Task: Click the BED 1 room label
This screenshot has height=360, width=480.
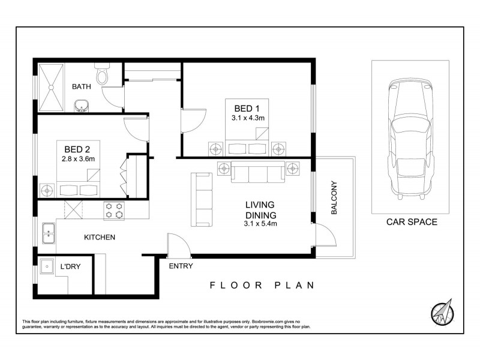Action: point(247,108)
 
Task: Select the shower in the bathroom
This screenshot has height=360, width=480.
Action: point(52,88)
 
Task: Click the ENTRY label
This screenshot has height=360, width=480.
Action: point(181,266)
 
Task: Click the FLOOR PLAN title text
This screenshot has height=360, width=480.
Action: point(262,286)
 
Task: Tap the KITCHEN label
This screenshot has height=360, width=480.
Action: point(99,238)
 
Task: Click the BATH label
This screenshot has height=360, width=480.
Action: point(82,87)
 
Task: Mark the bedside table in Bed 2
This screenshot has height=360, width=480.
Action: point(48,191)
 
